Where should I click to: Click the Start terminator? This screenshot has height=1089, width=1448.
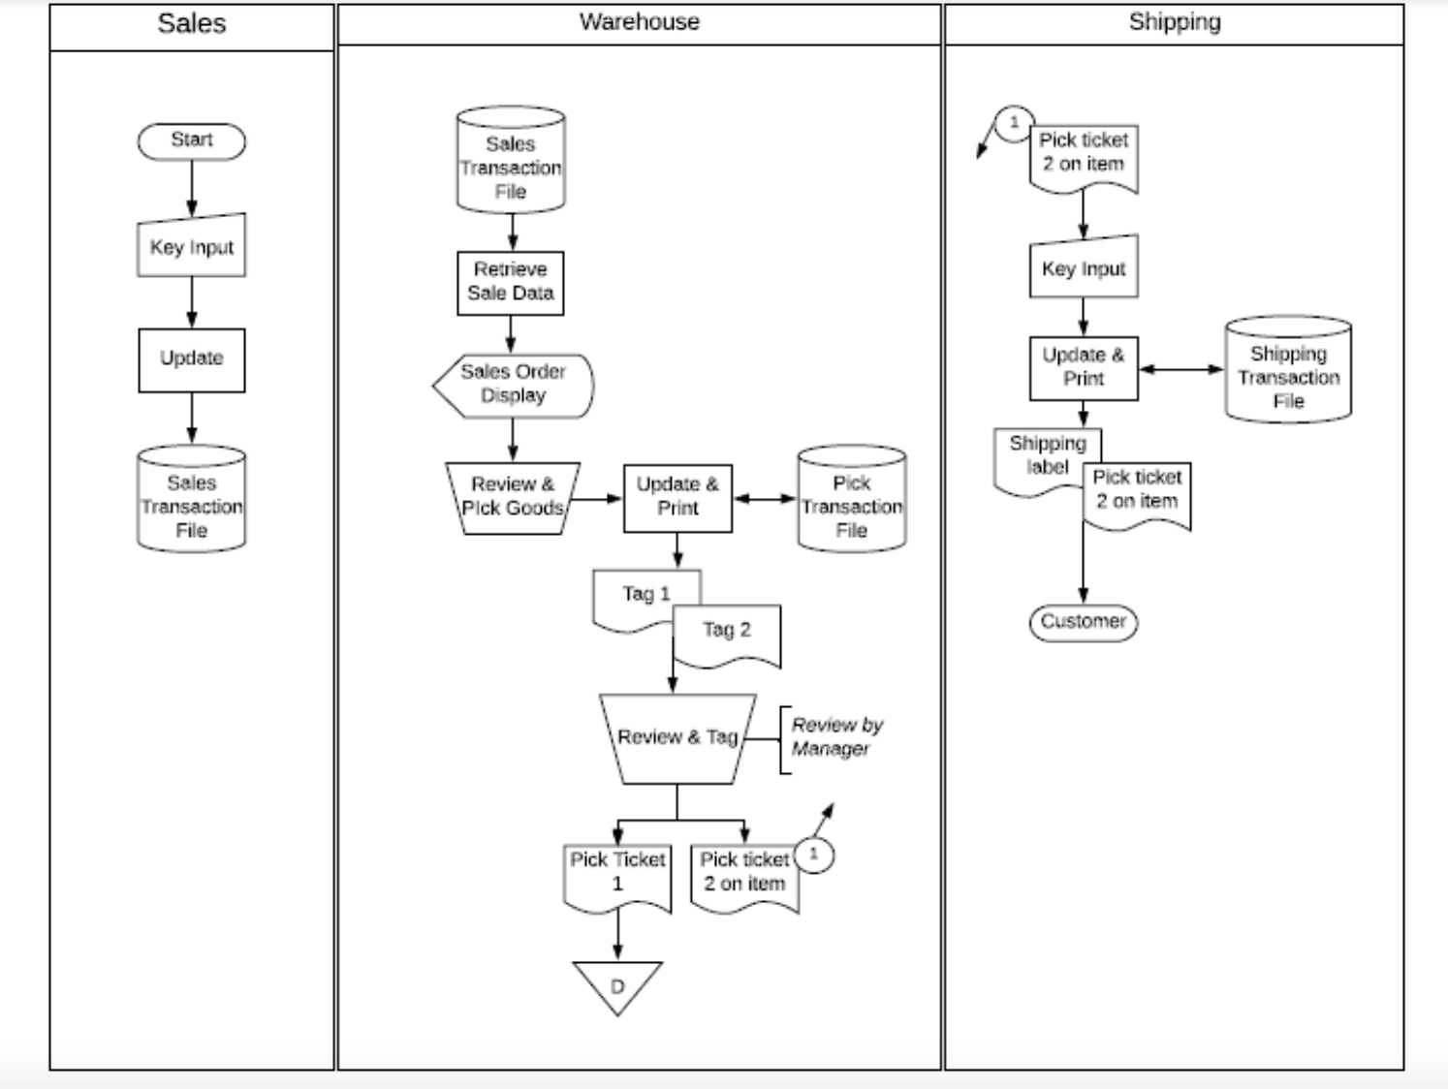191,141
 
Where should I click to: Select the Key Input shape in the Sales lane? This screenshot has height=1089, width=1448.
191,246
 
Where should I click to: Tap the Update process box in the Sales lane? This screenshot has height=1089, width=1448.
191,359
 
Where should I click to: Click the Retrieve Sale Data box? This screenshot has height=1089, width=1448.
511,283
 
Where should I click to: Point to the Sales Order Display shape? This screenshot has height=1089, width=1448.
514,386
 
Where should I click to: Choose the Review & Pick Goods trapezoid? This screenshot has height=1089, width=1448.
513,498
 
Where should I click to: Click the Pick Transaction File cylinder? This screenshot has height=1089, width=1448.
852,498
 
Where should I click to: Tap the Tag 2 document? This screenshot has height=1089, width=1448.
727,635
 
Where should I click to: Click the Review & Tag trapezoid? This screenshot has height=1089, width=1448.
677,738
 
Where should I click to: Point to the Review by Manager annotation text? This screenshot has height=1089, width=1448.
837,736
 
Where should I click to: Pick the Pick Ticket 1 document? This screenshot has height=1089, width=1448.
617,877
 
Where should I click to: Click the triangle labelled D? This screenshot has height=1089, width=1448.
617,983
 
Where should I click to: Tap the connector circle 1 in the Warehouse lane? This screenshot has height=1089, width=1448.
813,855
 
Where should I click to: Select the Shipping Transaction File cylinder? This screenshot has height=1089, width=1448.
1288,369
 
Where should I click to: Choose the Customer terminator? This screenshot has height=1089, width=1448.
1084,622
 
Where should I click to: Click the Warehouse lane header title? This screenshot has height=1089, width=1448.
640,22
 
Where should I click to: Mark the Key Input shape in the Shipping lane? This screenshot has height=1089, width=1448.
1084,266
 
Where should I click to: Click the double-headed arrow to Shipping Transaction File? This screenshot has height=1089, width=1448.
1181,369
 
